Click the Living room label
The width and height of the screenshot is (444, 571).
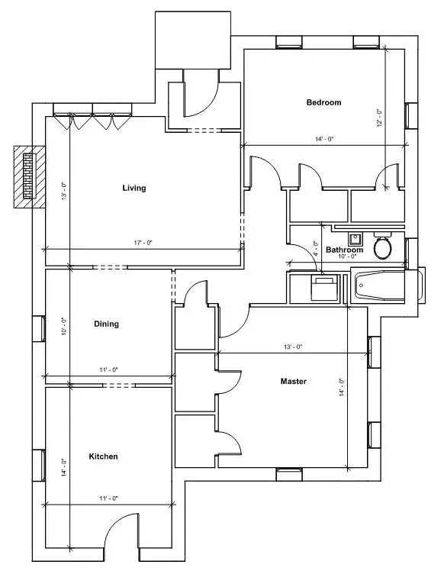click(134, 188)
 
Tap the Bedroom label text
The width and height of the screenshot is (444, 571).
click(324, 102)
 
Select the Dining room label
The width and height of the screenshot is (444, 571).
click(106, 324)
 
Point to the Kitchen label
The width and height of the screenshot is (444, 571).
click(103, 456)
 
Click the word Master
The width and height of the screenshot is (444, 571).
click(294, 381)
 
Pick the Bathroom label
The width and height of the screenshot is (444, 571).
click(344, 250)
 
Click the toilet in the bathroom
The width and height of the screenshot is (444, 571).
click(382, 246)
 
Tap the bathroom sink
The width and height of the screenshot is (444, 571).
click(355, 239)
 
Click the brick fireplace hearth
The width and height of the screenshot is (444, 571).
click(30, 176)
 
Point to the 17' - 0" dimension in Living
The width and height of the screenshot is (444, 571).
click(143, 243)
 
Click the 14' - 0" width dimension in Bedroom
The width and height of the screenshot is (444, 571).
click(324, 139)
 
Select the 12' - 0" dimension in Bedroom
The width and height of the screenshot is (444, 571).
click(380, 118)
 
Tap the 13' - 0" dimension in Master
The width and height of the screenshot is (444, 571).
click(293, 347)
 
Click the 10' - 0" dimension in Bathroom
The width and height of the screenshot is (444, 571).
click(347, 256)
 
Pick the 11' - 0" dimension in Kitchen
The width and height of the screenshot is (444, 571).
click(109, 498)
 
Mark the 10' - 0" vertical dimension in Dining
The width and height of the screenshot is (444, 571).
click(64, 326)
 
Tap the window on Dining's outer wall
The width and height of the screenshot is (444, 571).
click(39, 328)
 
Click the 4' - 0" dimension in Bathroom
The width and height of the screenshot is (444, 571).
click(316, 249)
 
